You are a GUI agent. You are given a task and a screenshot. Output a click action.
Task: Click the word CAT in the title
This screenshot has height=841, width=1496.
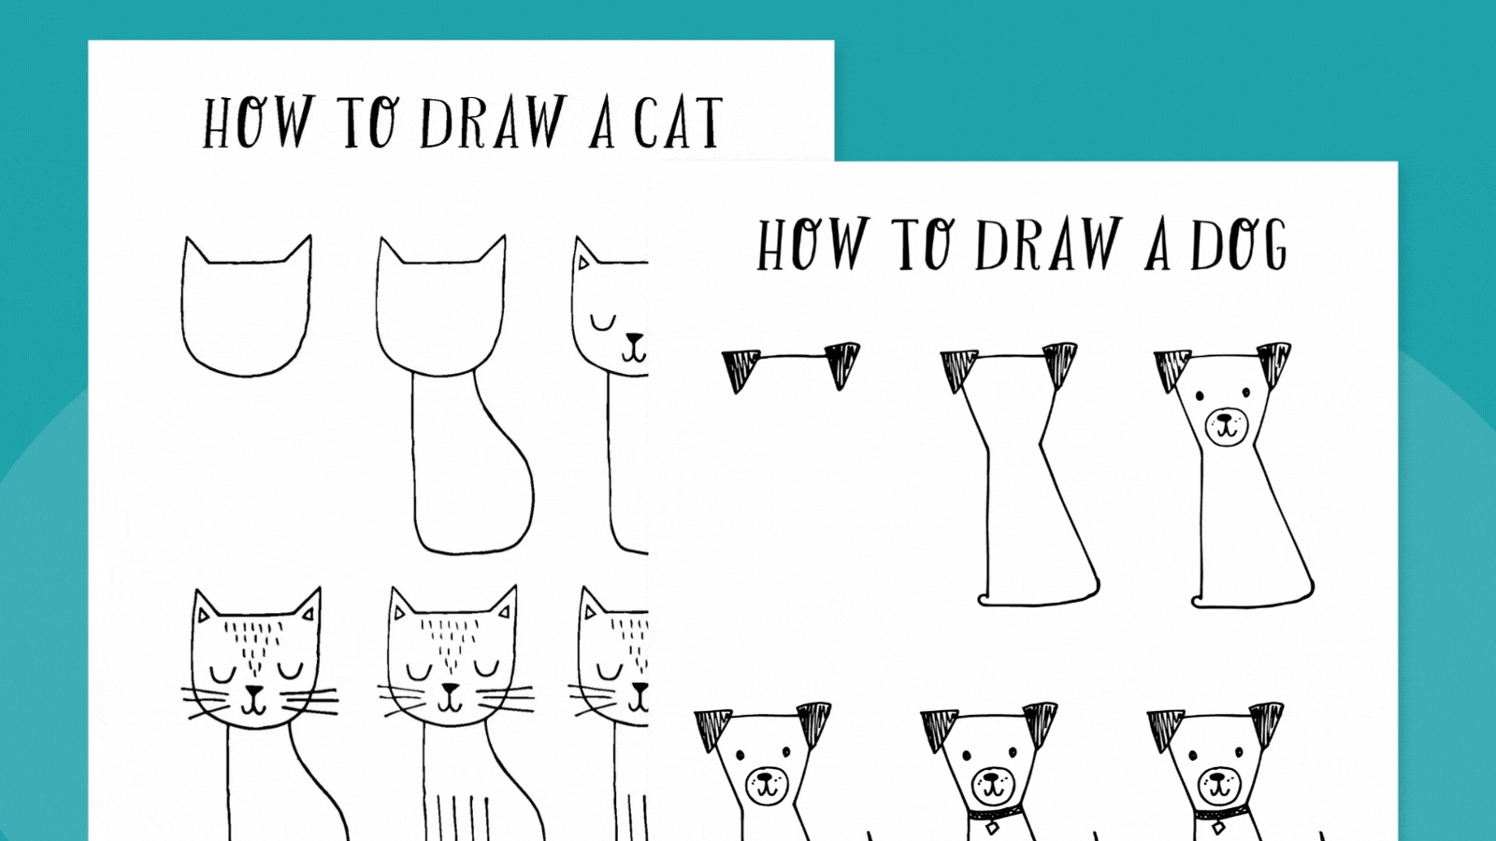[x=678, y=123]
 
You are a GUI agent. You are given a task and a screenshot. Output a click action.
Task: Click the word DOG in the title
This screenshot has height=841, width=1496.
[x=1239, y=245]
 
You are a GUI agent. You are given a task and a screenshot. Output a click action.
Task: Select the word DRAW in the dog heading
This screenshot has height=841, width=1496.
[x=1047, y=245]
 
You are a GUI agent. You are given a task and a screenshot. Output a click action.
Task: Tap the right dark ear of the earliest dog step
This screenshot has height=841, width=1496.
[x=841, y=363]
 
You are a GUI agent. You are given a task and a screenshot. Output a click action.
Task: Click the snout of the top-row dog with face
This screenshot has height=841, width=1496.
[x=1226, y=427]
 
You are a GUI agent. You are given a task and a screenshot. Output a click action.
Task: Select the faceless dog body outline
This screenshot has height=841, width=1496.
[x=1028, y=505]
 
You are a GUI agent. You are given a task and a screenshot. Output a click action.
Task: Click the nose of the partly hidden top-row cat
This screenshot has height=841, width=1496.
[x=635, y=338]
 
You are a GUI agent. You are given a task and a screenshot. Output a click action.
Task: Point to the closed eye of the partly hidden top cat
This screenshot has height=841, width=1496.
[x=603, y=323]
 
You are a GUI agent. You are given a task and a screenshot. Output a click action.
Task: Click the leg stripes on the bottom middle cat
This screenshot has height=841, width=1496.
[x=457, y=818]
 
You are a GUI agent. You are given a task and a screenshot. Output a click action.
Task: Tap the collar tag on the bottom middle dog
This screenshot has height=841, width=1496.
[x=992, y=827]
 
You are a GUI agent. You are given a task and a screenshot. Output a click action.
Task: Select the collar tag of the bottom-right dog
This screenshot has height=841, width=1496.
[x=1218, y=827]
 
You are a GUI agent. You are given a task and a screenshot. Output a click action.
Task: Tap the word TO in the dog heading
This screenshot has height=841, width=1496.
[x=925, y=245]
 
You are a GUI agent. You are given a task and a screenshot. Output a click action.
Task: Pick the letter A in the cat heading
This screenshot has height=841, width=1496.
[x=603, y=125]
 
